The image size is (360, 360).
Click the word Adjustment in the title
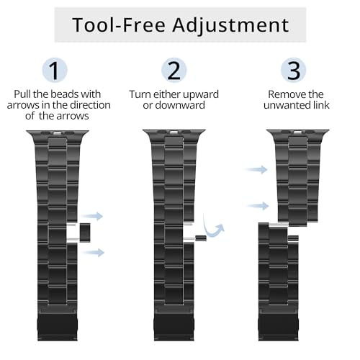coord(230,25)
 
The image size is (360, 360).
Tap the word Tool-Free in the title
coord(119,24)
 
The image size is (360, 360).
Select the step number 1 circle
coord(55,70)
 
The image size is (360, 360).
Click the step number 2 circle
coord(174,70)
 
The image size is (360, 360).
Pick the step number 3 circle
coord(293,70)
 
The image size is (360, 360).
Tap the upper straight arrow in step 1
coord(92,216)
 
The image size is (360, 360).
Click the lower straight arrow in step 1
coord(93,252)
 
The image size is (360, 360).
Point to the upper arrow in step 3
coord(256,170)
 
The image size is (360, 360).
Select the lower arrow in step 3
coord(257,206)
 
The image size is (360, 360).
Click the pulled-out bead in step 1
coord(85,233)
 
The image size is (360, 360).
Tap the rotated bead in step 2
coord(201,238)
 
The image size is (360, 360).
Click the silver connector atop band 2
coord(174,132)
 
